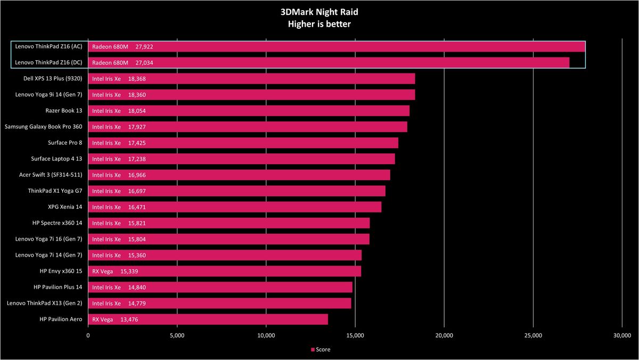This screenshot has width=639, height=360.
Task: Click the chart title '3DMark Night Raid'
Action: (x=319, y=12)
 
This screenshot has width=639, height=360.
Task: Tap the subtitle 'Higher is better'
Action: (x=319, y=24)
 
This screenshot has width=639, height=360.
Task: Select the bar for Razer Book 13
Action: (x=249, y=111)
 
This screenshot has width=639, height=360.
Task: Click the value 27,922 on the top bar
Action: (x=144, y=47)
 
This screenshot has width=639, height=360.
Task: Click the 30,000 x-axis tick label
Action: (x=622, y=336)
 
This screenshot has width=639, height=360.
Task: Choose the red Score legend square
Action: (x=313, y=349)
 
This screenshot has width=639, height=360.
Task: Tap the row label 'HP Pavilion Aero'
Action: (x=61, y=319)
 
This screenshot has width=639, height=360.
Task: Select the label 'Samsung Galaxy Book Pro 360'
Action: (x=43, y=127)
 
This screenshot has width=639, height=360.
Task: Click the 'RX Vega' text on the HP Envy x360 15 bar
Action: (x=102, y=271)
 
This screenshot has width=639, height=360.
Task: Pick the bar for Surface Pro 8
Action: (x=243, y=143)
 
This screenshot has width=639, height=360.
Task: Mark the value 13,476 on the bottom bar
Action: (x=129, y=320)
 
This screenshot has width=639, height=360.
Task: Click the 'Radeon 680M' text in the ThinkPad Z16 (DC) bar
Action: (x=110, y=63)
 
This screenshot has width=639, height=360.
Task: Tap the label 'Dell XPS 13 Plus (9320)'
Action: (x=53, y=78)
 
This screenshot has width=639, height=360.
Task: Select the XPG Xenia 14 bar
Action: (x=235, y=207)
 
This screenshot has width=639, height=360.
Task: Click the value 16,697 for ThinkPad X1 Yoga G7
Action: (x=137, y=191)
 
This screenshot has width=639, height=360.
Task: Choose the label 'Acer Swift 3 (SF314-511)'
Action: (x=51, y=175)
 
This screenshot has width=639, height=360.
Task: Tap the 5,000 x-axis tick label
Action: (x=177, y=336)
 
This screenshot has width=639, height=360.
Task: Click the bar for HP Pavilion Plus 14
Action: (x=220, y=287)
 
